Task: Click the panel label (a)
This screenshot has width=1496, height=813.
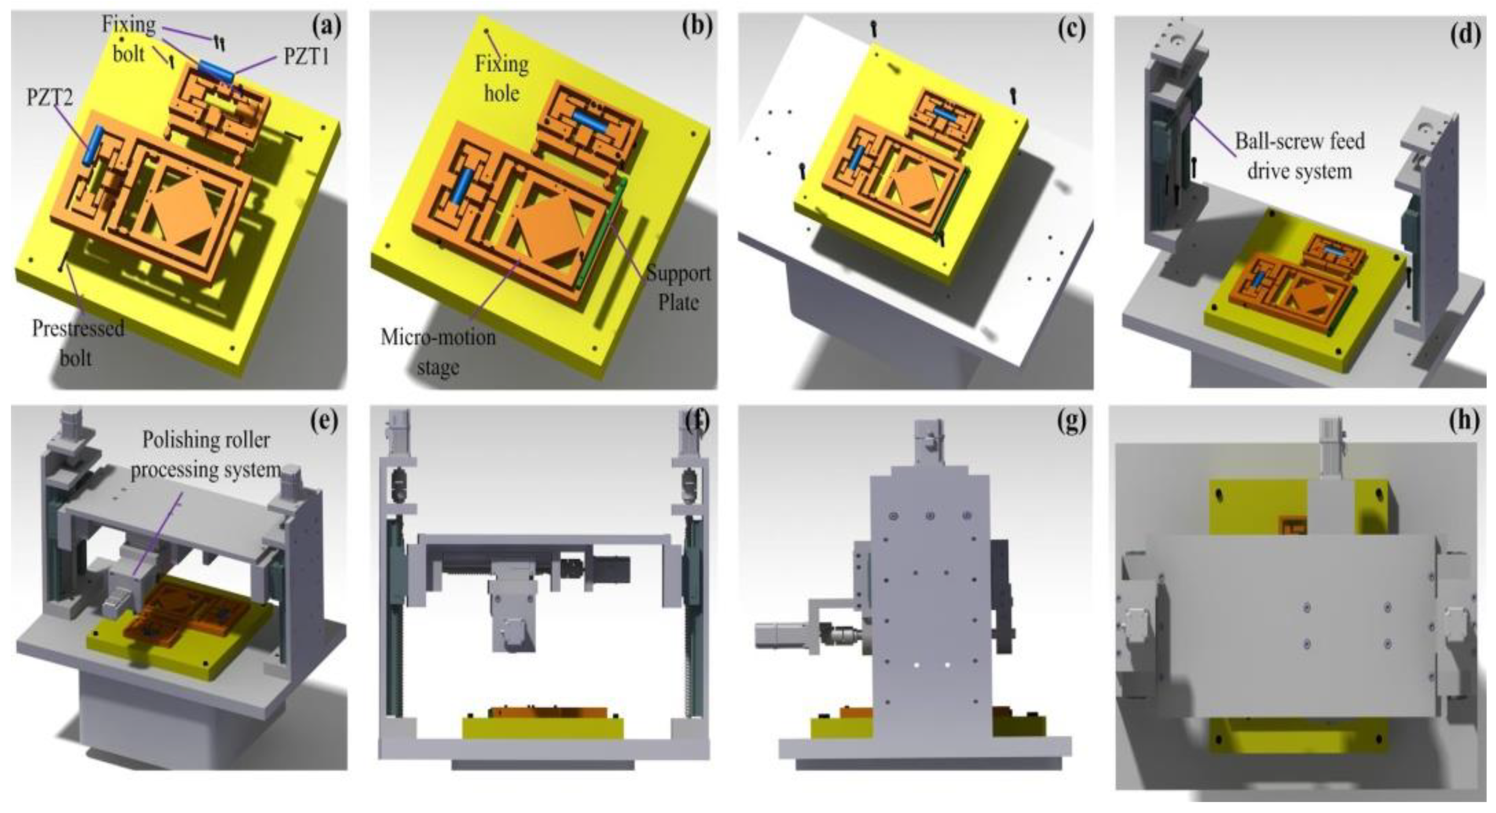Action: pyautogui.click(x=326, y=27)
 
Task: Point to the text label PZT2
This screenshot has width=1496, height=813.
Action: pyautogui.click(x=50, y=97)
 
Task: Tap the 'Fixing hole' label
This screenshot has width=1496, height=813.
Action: pyautogui.click(x=502, y=78)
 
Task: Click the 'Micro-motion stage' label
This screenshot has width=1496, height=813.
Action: pyautogui.click(x=438, y=352)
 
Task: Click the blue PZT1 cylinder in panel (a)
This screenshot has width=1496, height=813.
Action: pyautogui.click(x=216, y=71)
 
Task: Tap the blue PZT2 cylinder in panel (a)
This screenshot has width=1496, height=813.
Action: pyautogui.click(x=94, y=146)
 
